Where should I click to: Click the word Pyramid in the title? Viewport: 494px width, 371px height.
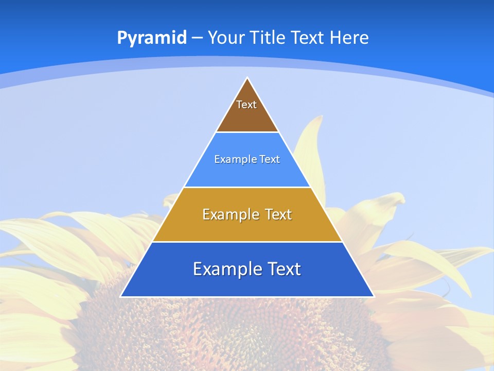tap(151, 38)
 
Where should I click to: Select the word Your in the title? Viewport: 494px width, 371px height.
tap(227, 38)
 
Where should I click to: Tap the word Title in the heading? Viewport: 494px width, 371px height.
tap(268, 38)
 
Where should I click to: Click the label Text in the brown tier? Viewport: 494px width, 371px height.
tap(246, 105)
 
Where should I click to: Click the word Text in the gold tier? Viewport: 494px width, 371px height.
tap(279, 214)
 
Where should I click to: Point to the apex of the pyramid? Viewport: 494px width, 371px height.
tap(248, 78)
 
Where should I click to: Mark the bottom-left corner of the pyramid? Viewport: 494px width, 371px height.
tap(121, 296)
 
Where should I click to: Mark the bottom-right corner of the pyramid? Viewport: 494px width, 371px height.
tap(374, 296)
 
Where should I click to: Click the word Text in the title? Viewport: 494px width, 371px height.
tap(309, 38)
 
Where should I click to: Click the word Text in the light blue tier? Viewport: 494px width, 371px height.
tap(270, 159)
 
